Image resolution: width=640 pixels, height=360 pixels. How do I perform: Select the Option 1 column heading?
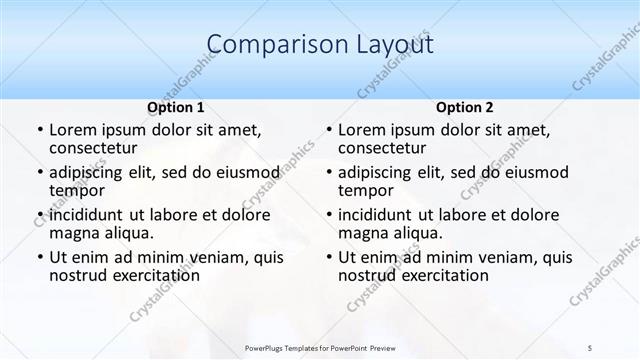click(x=176, y=107)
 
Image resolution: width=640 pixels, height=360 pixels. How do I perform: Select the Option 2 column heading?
click(x=465, y=107)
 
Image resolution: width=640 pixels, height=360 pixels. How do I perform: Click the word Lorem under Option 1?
click(x=72, y=130)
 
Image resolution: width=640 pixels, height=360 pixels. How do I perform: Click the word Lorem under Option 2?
click(x=361, y=130)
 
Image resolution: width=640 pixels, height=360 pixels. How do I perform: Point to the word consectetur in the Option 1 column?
click(x=97, y=149)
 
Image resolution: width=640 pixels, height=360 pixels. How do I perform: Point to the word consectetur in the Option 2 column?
click(x=386, y=149)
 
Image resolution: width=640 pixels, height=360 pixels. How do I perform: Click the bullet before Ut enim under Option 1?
click(x=39, y=257)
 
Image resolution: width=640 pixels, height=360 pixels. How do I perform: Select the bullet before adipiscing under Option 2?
click(x=328, y=172)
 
